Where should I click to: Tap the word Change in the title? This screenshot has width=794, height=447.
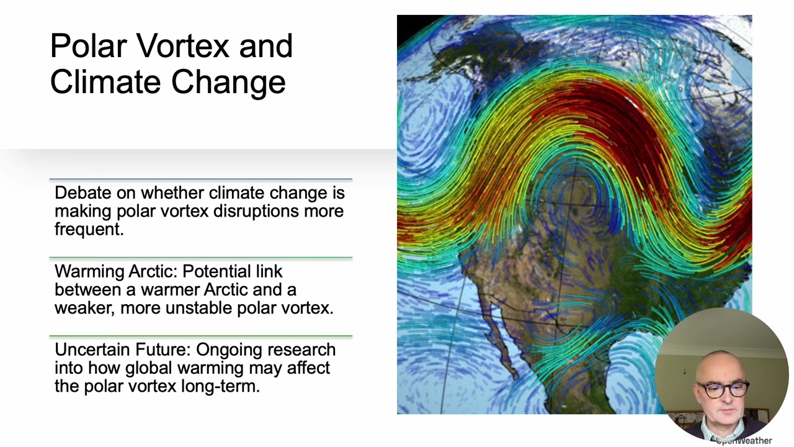[x=229, y=83]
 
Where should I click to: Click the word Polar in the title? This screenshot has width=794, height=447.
[x=89, y=45]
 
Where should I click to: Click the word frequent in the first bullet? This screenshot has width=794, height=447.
[x=89, y=229]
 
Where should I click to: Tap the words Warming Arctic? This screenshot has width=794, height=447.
[x=115, y=271]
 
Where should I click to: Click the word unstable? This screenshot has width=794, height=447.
[x=198, y=307]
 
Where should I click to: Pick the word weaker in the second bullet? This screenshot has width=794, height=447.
[x=84, y=308]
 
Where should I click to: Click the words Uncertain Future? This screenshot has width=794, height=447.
[x=123, y=350]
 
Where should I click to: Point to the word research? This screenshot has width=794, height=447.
[x=301, y=350]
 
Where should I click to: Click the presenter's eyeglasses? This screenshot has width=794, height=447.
[x=723, y=389]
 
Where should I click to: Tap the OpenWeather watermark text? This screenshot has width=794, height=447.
[x=744, y=441]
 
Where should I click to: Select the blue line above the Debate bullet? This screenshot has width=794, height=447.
[x=200, y=179]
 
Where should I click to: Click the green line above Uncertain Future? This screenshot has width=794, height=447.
[x=200, y=336]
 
